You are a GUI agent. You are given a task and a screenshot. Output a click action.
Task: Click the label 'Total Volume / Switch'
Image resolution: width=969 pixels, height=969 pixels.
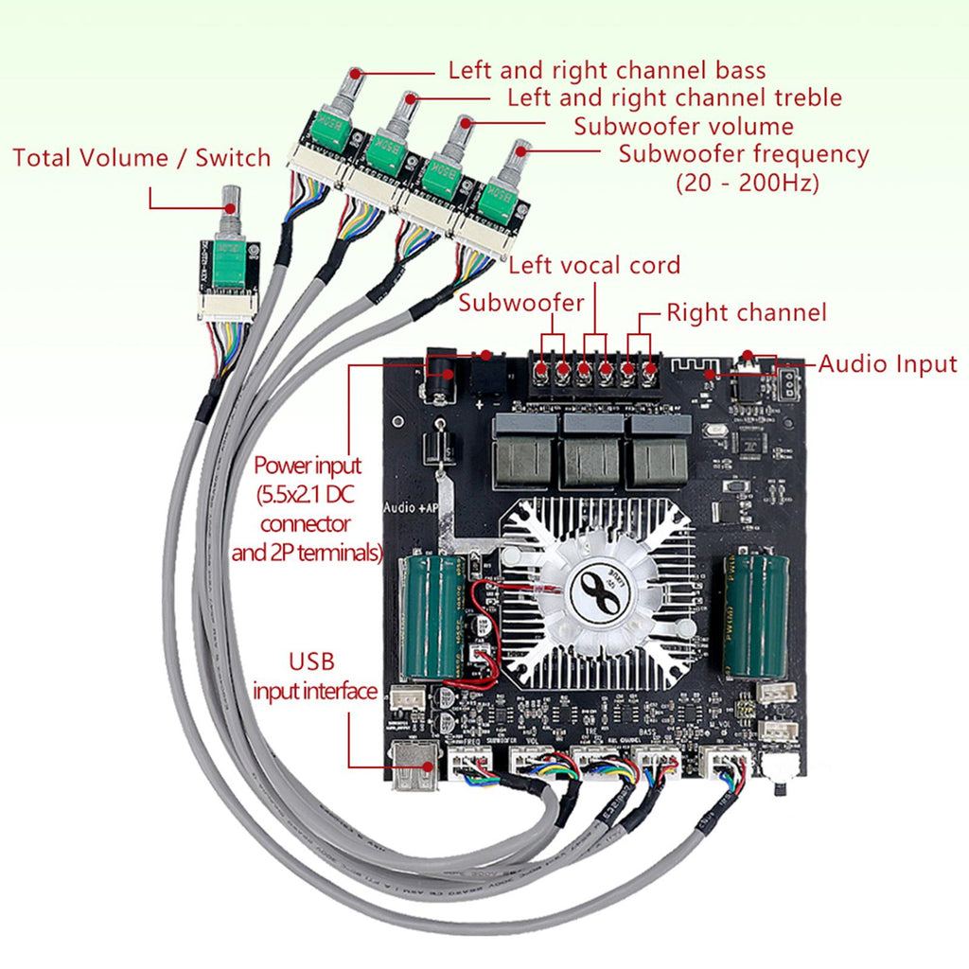point(142,157)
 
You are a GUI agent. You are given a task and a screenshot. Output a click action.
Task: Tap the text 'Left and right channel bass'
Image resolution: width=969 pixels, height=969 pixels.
point(607,70)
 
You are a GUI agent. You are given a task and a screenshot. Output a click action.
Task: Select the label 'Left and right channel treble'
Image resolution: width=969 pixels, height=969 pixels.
point(674,97)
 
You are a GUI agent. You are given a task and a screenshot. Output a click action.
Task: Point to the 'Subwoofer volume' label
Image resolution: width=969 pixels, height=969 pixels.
point(683,126)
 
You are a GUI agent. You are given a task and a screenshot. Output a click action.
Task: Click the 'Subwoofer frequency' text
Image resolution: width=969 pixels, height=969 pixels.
point(743,153)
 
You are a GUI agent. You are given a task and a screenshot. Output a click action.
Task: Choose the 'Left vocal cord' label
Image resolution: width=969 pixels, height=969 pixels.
point(594,265)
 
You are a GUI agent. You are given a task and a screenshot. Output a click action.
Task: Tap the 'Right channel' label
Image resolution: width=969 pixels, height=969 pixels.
point(747,312)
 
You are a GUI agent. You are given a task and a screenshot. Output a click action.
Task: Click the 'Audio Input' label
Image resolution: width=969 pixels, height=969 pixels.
point(887,363)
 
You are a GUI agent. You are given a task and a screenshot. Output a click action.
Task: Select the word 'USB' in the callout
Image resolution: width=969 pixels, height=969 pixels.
point(312,661)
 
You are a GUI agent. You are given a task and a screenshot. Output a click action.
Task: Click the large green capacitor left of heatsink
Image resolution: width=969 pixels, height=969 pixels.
point(432,616)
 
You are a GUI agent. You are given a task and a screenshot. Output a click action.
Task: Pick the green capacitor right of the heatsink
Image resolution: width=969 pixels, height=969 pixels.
point(756,616)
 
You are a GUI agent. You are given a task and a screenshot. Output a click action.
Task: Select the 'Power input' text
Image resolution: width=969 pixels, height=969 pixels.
point(308,466)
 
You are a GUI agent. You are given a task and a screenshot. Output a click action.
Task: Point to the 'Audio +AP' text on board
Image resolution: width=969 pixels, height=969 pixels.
point(411,507)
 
